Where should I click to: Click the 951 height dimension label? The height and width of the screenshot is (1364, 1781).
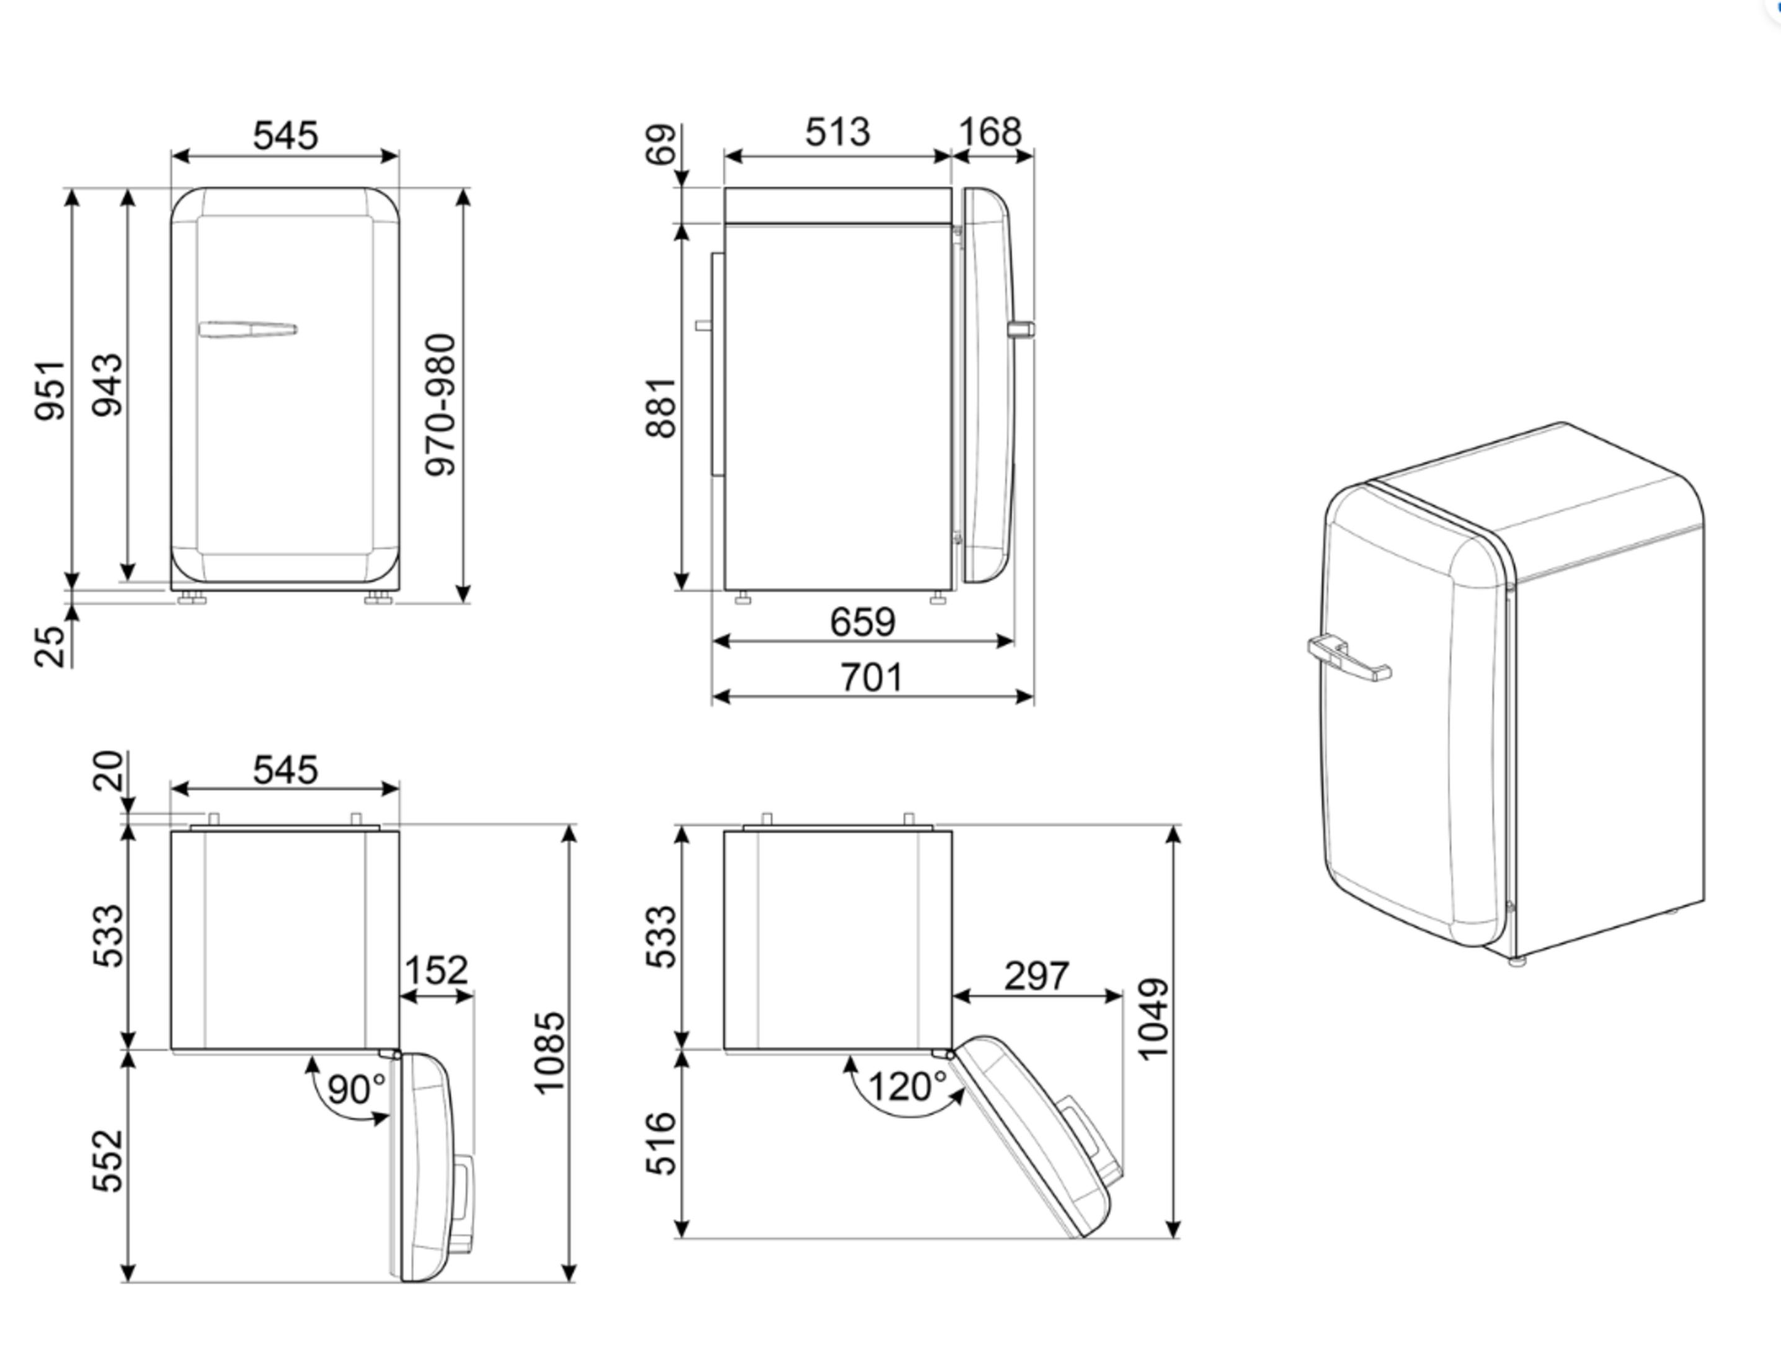click(x=50, y=391)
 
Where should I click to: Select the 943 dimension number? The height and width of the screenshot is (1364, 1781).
click(x=107, y=385)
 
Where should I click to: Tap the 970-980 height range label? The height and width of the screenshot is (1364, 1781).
click(x=441, y=404)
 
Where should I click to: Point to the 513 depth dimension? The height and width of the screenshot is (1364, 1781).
click(x=837, y=131)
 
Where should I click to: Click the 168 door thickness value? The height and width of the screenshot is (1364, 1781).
click(x=990, y=131)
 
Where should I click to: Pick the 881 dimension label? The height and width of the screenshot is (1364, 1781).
click(x=661, y=407)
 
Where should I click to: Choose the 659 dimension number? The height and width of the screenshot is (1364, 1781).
click(x=863, y=622)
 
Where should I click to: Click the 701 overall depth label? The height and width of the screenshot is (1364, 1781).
click(x=871, y=677)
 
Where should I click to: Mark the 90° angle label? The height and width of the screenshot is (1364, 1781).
click(x=357, y=1089)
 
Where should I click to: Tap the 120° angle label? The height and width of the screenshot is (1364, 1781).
click(x=908, y=1086)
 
